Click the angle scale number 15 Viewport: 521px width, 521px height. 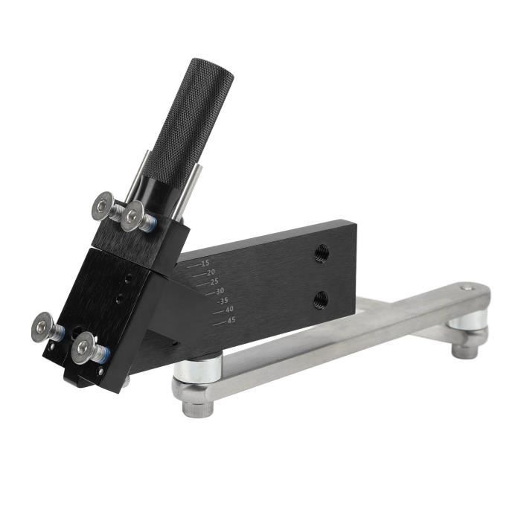(x=205, y=263)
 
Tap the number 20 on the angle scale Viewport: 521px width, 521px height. (x=211, y=272)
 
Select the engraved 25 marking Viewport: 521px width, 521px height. (x=214, y=282)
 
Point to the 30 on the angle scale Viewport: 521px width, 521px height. (x=220, y=292)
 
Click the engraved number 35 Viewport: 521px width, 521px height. (x=223, y=301)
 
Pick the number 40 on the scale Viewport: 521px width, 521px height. (x=229, y=310)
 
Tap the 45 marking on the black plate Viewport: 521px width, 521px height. (x=231, y=320)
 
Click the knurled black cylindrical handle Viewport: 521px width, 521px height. (x=189, y=121)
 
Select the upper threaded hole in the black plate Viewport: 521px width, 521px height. (x=322, y=253)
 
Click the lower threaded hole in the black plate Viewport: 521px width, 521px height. (x=321, y=299)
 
